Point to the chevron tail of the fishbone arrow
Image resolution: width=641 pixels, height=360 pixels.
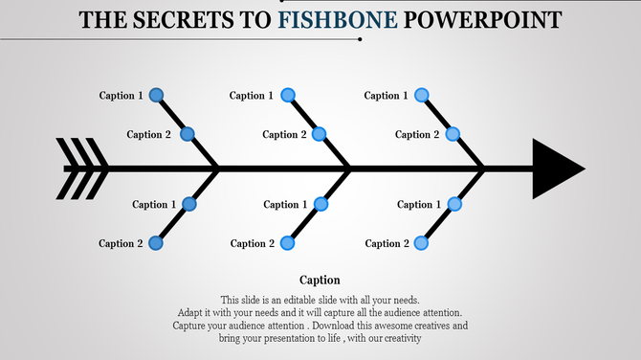[81, 169]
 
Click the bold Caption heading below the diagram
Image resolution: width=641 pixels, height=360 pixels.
[320, 280]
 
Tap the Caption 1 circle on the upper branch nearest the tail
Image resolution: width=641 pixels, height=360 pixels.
[156, 95]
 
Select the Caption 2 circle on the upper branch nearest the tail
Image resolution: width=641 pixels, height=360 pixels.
[188, 134]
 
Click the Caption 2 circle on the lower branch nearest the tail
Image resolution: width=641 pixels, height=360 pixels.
[156, 243]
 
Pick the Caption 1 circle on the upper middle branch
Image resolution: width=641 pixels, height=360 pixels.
[288, 95]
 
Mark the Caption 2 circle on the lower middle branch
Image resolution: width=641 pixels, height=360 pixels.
[288, 243]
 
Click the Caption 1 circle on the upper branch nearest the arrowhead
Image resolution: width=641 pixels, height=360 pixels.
[421, 95]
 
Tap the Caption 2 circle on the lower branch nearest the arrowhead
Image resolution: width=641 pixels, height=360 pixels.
[421, 243]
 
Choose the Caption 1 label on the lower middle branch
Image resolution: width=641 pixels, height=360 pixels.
[281, 204]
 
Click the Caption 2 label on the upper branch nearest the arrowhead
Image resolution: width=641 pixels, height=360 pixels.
[413, 134]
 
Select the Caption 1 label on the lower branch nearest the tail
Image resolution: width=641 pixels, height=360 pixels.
[150, 204]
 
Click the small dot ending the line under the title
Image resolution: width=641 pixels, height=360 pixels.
[360, 40]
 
